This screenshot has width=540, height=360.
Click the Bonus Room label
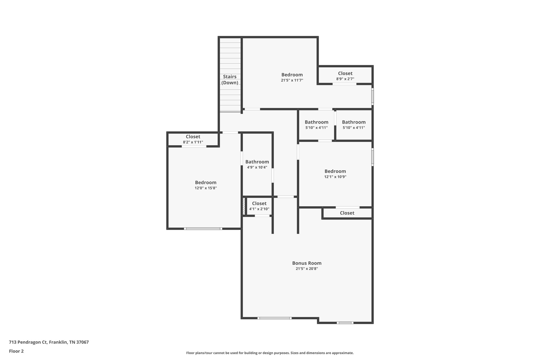coord(307,263)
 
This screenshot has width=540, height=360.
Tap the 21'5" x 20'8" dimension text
coord(307,269)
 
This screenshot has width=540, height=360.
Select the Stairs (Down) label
coord(230,80)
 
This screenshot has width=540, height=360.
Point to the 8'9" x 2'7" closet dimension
coord(345,79)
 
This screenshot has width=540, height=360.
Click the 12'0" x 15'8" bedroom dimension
coord(206,188)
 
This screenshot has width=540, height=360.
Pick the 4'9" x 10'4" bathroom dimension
coord(257,167)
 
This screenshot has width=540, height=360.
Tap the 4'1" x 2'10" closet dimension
coord(259,209)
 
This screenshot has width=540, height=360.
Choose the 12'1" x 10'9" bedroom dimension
coord(335,177)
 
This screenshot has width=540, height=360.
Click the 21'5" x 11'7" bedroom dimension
coord(292,80)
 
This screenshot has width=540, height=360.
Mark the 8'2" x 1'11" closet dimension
coord(193,142)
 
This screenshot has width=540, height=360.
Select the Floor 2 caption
coord(16,351)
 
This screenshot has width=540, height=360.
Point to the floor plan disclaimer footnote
coord(270,353)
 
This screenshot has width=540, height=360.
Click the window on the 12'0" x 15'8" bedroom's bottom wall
coord(203,229)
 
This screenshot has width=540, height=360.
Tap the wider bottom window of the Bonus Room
coord(274,318)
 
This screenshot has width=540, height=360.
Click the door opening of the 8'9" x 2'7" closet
coord(344,84)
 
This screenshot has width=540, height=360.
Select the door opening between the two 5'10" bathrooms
coord(335,118)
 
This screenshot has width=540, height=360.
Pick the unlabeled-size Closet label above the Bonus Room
coord(347,213)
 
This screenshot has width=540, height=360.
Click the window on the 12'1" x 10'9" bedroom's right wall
coord(373,157)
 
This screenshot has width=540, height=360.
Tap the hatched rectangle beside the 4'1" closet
coord(244,206)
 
